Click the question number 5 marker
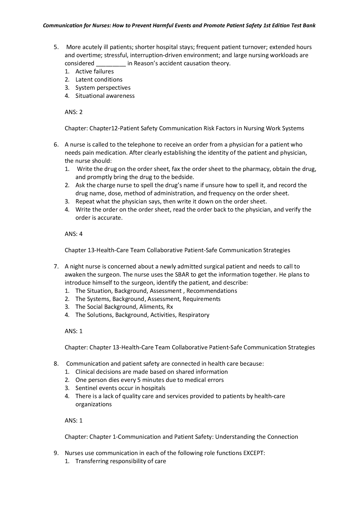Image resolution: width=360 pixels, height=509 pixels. [56, 47]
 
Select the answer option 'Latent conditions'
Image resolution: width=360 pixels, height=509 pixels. [99, 80]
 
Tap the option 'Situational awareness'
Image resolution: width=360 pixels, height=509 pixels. [105, 96]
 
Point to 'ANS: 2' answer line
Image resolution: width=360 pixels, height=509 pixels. [73, 112]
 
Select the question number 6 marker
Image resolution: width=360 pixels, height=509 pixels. [56, 145]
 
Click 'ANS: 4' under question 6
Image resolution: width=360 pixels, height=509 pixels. [73, 234]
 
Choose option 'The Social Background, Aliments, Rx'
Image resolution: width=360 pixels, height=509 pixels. [124, 307]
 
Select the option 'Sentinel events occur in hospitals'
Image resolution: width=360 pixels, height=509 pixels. [120, 388]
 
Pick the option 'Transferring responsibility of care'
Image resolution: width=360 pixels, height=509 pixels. [120, 461]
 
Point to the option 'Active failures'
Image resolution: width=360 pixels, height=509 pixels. [94, 71]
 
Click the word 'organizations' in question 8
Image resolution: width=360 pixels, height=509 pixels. [93, 404]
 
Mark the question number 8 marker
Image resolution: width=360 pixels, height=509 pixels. [56, 364]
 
